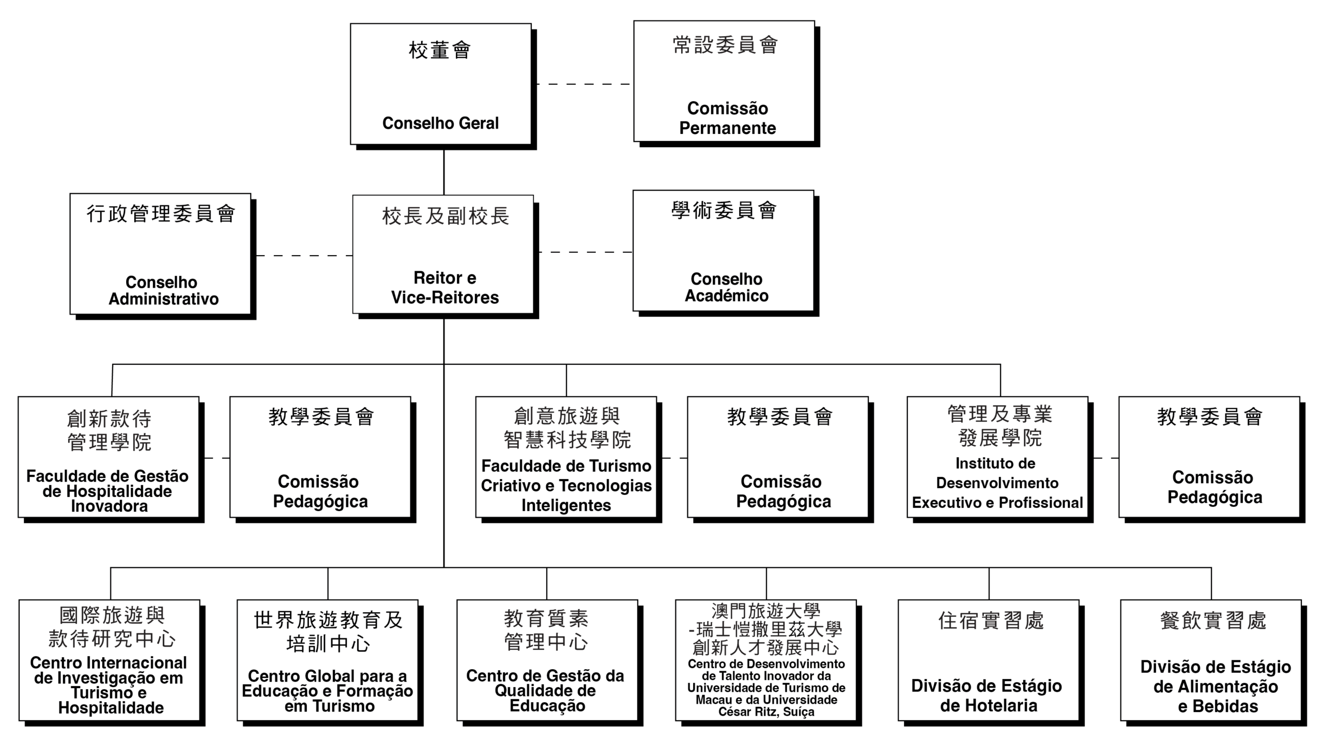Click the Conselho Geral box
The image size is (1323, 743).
[440, 84]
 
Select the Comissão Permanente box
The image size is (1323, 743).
[724, 81]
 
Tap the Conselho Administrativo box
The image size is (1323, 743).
[160, 254]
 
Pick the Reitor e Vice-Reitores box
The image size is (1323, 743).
[443, 254]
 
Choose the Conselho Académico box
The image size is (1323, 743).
[723, 251]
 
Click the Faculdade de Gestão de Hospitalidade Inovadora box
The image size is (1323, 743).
[109, 457]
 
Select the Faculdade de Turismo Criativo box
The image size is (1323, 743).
[566, 457]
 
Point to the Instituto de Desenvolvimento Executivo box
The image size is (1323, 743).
[997, 457]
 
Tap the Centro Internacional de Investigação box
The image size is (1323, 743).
[110, 660]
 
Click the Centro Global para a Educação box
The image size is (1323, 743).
[327, 660]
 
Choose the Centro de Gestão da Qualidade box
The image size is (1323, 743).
[547, 660]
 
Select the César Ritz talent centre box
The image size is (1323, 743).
[766, 660]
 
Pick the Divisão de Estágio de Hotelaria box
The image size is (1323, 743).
[988, 660]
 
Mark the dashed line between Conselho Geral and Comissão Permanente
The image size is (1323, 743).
[583, 84]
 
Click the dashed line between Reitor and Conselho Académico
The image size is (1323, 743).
[585, 252]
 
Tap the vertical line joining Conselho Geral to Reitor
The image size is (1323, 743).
[443, 172]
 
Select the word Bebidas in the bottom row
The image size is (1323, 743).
[1225, 706]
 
